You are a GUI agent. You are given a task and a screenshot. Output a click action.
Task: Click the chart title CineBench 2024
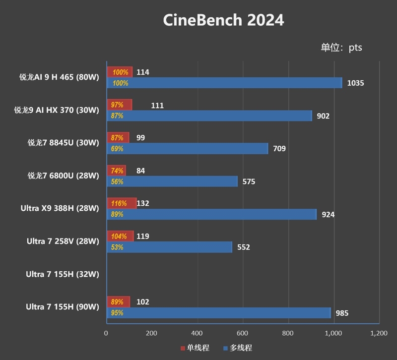(223, 20)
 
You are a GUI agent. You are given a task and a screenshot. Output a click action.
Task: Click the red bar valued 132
(122, 203)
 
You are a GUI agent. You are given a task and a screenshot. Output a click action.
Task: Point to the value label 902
(323, 116)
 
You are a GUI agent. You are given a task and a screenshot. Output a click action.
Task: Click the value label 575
(249, 181)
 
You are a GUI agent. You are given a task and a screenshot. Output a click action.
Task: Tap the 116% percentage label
(120, 203)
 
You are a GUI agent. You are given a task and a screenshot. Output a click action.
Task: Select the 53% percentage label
(117, 247)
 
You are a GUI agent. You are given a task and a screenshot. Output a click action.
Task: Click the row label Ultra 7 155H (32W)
(63, 274)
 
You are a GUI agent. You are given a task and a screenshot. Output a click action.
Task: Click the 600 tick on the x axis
(243, 333)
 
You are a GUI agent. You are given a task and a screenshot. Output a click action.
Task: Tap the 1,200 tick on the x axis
(378, 333)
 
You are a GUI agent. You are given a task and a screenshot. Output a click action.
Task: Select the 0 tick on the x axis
(106, 333)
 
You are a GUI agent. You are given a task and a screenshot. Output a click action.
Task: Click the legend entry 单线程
(194, 348)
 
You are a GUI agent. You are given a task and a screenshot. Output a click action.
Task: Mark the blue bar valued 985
(218, 313)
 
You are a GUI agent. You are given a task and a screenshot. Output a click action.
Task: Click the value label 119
(142, 236)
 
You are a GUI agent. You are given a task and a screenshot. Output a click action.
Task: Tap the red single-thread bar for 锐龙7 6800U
(116, 171)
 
